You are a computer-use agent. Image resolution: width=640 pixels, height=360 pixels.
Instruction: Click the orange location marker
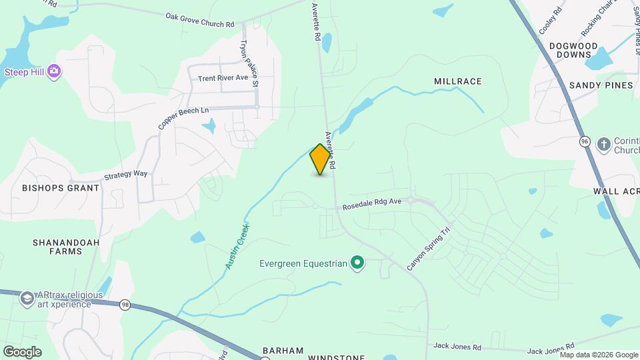pyautogui.click(x=321, y=159)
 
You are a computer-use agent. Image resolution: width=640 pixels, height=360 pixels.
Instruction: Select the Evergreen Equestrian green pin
pyautogui.click(x=357, y=263)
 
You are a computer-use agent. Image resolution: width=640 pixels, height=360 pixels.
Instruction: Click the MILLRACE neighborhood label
pyautogui.click(x=457, y=81)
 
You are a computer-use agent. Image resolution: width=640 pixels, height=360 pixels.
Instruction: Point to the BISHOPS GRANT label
pyautogui.click(x=61, y=188)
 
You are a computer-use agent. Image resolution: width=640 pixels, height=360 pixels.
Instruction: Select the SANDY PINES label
pyautogui.click(x=601, y=85)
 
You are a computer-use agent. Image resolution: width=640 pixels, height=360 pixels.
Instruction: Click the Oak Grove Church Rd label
pyautogui.click(x=200, y=19)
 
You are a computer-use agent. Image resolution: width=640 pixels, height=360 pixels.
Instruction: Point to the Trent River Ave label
pyautogui.click(x=223, y=78)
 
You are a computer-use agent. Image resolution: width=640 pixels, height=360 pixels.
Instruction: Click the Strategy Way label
pyautogui.click(x=125, y=175)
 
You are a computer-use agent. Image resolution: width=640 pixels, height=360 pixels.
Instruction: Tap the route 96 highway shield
pyautogui.click(x=585, y=142)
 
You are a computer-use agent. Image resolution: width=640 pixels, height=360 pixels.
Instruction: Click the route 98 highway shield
pyautogui.click(x=125, y=305)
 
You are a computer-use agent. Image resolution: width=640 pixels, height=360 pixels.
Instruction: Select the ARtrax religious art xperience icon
pyautogui.click(x=27, y=297)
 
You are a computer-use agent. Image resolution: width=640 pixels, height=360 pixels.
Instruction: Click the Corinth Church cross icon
pyautogui.click(x=603, y=144)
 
